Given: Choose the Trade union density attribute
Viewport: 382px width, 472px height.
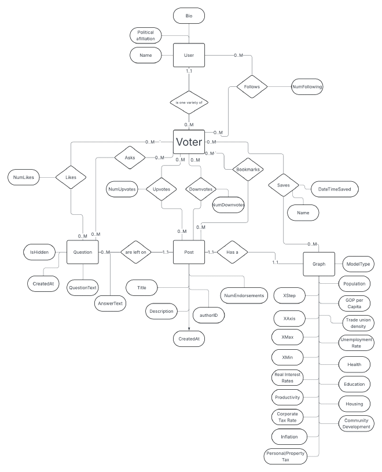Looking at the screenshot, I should (x=355, y=323).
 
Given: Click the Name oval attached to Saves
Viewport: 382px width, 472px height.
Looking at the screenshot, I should (x=304, y=213).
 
